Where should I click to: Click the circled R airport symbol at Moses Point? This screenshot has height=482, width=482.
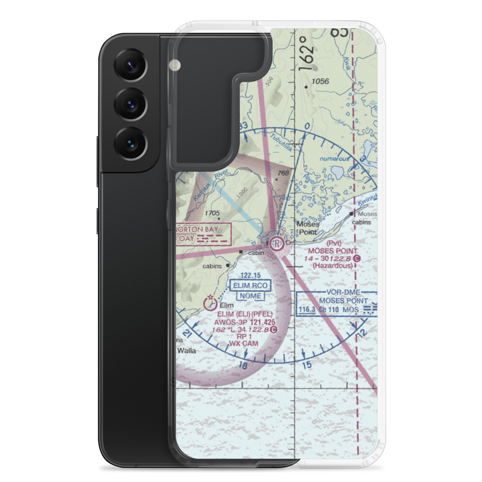tap(277, 243)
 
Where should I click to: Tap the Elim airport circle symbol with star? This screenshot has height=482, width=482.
tap(210, 303)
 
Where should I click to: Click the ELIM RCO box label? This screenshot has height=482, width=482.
tap(251, 286)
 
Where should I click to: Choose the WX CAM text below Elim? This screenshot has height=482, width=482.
tap(244, 343)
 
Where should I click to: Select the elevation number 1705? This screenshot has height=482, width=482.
tap(212, 213)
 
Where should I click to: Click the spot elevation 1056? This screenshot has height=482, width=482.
tap(320, 81)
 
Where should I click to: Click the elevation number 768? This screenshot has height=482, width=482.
tap(283, 173)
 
